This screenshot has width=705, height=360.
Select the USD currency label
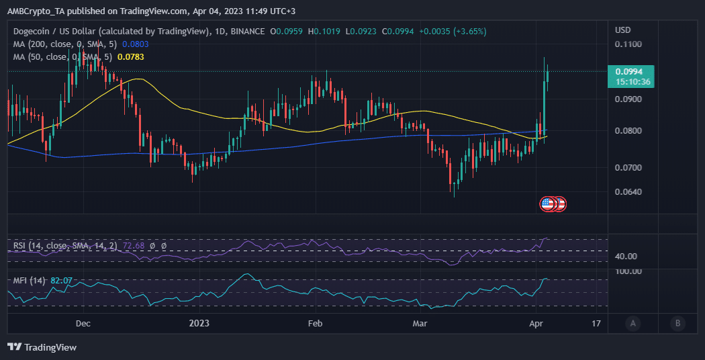[623, 30]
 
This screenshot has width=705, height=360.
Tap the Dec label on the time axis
[83, 324]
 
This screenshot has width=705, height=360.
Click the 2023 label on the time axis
[199, 324]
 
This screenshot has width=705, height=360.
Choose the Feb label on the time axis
[315, 324]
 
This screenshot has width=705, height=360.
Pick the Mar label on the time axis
[420, 324]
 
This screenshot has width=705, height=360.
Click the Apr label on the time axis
[536, 324]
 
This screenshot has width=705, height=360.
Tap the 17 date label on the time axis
[596, 324]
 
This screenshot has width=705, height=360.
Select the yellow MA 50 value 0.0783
[130, 57]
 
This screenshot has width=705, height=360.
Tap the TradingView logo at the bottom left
[42, 347]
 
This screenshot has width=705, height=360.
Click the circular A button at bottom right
[632, 324]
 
